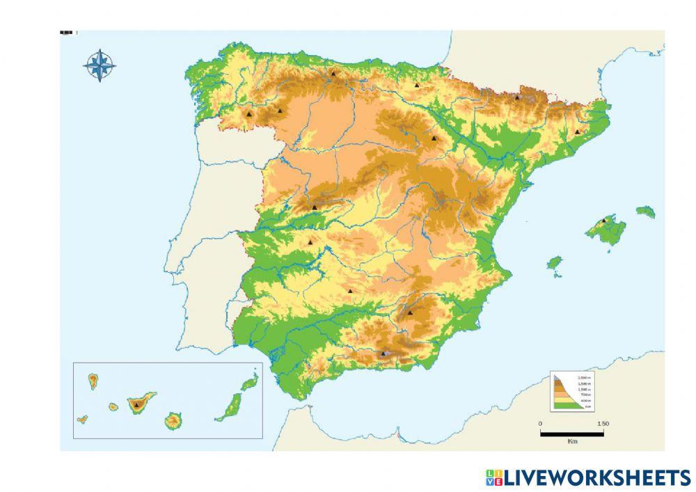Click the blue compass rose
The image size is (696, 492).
(100, 65)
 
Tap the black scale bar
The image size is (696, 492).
(571, 434)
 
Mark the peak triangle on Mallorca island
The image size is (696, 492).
(604, 221)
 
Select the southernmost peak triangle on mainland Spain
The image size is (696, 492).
(383, 354)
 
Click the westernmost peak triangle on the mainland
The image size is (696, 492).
(249, 113)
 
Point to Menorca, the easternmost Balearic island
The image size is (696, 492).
(645, 211)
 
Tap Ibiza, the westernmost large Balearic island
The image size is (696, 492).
(554, 263)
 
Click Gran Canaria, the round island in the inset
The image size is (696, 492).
(173, 420)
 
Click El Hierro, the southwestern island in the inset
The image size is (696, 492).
(82, 419)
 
